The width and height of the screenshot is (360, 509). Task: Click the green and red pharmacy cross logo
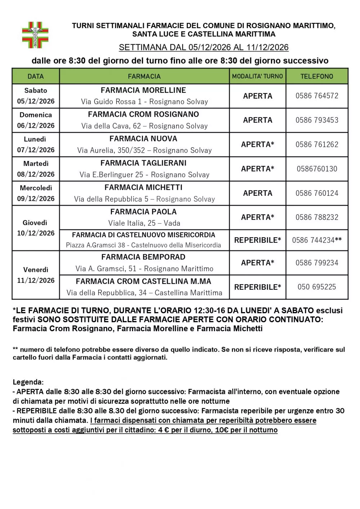tap(35, 35)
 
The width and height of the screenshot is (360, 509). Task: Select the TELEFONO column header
tap(317, 76)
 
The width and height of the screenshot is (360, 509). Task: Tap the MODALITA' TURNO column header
tap(257, 76)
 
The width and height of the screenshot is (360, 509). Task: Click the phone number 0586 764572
tap(317, 96)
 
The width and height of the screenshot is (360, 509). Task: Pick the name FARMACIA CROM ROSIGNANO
tap(143, 114)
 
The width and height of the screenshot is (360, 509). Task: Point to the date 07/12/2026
tap(36, 150)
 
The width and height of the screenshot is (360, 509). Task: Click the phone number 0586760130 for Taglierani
tap(317, 169)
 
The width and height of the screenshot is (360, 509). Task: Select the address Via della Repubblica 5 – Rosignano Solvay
tap(144, 199)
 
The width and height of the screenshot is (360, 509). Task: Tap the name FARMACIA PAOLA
tap(143, 212)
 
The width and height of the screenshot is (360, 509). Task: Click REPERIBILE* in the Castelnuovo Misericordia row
tap(257, 240)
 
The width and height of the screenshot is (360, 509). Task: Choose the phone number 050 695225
tap(317, 287)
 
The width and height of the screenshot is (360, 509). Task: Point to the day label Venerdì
tap(36, 270)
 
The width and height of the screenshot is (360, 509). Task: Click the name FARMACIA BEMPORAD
tap(143, 257)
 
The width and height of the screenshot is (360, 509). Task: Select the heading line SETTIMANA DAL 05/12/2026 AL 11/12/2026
tap(203, 48)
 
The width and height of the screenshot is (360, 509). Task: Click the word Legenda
tap(28, 382)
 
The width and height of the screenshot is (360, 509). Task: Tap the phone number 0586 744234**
tap(317, 240)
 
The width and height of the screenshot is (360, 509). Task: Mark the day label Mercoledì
tap(36, 188)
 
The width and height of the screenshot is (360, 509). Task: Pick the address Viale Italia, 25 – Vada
tap(144, 223)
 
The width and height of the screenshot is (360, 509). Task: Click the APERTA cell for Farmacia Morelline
tap(257, 96)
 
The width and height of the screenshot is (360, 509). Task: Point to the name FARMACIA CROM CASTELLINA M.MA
tap(143, 281)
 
